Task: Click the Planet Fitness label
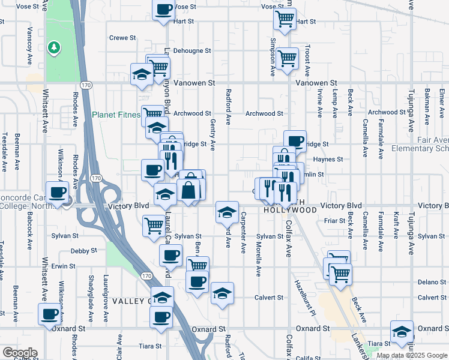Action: (x=115, y=115)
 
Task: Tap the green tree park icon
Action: (x=54, y=46)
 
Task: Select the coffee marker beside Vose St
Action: (x=163, y=10)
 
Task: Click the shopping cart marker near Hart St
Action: (x=285, y=18)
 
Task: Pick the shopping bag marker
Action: (x=188, y=190)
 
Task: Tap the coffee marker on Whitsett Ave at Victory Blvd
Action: (x=58, y=193)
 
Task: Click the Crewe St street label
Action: (x=122, y=38)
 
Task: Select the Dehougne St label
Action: (x=192, y=51)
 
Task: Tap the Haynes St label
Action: (x=328, y=160)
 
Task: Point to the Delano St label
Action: (x=432, y=281)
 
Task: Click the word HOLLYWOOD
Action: (x=290, y=211)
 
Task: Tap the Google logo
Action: (x=19, y=353)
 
